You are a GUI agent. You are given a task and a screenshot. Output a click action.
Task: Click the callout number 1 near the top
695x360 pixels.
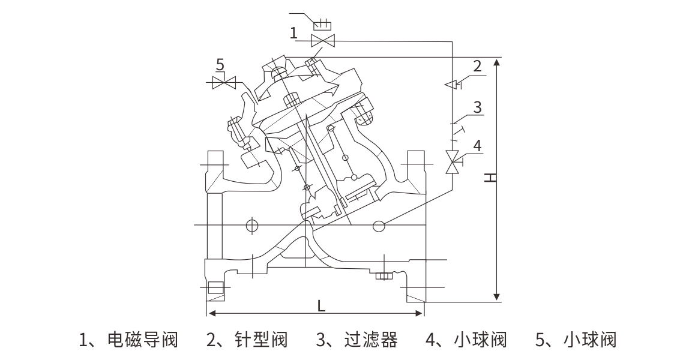pos(293,32)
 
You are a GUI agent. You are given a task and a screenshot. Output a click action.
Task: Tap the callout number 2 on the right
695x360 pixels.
pos(477,66)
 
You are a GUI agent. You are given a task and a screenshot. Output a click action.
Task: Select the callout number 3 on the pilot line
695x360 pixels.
pos(477,107)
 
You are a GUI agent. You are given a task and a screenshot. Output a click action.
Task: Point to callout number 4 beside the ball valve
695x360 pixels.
pos(477,145)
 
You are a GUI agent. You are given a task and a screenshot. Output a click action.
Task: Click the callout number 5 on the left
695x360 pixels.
pos(220,64)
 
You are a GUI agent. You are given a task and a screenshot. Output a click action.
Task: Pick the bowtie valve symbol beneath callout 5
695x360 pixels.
pos(224,83)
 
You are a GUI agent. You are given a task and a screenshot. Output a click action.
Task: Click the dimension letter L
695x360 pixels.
pos(322,305)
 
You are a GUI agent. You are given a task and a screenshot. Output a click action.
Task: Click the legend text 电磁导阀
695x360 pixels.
pos(142,340)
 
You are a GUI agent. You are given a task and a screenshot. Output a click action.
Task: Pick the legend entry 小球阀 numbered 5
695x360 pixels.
pos(591,340)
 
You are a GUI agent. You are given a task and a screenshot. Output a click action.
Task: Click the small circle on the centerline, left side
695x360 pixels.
pos(251,225)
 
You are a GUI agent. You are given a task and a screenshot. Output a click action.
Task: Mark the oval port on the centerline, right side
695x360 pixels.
pos(379,226)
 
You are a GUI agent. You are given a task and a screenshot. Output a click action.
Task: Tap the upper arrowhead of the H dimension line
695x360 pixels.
pos(496,61)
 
